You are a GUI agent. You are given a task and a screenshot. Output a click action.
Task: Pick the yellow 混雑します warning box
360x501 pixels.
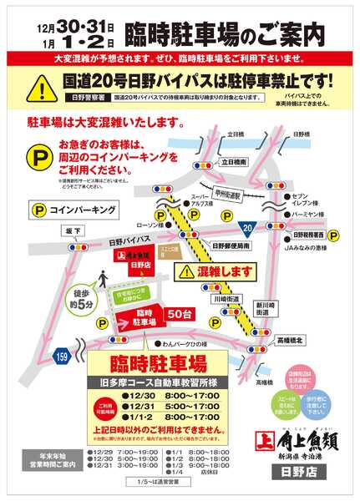pos(213,271)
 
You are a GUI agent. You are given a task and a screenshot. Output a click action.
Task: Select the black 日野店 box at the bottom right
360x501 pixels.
pos(299,473)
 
